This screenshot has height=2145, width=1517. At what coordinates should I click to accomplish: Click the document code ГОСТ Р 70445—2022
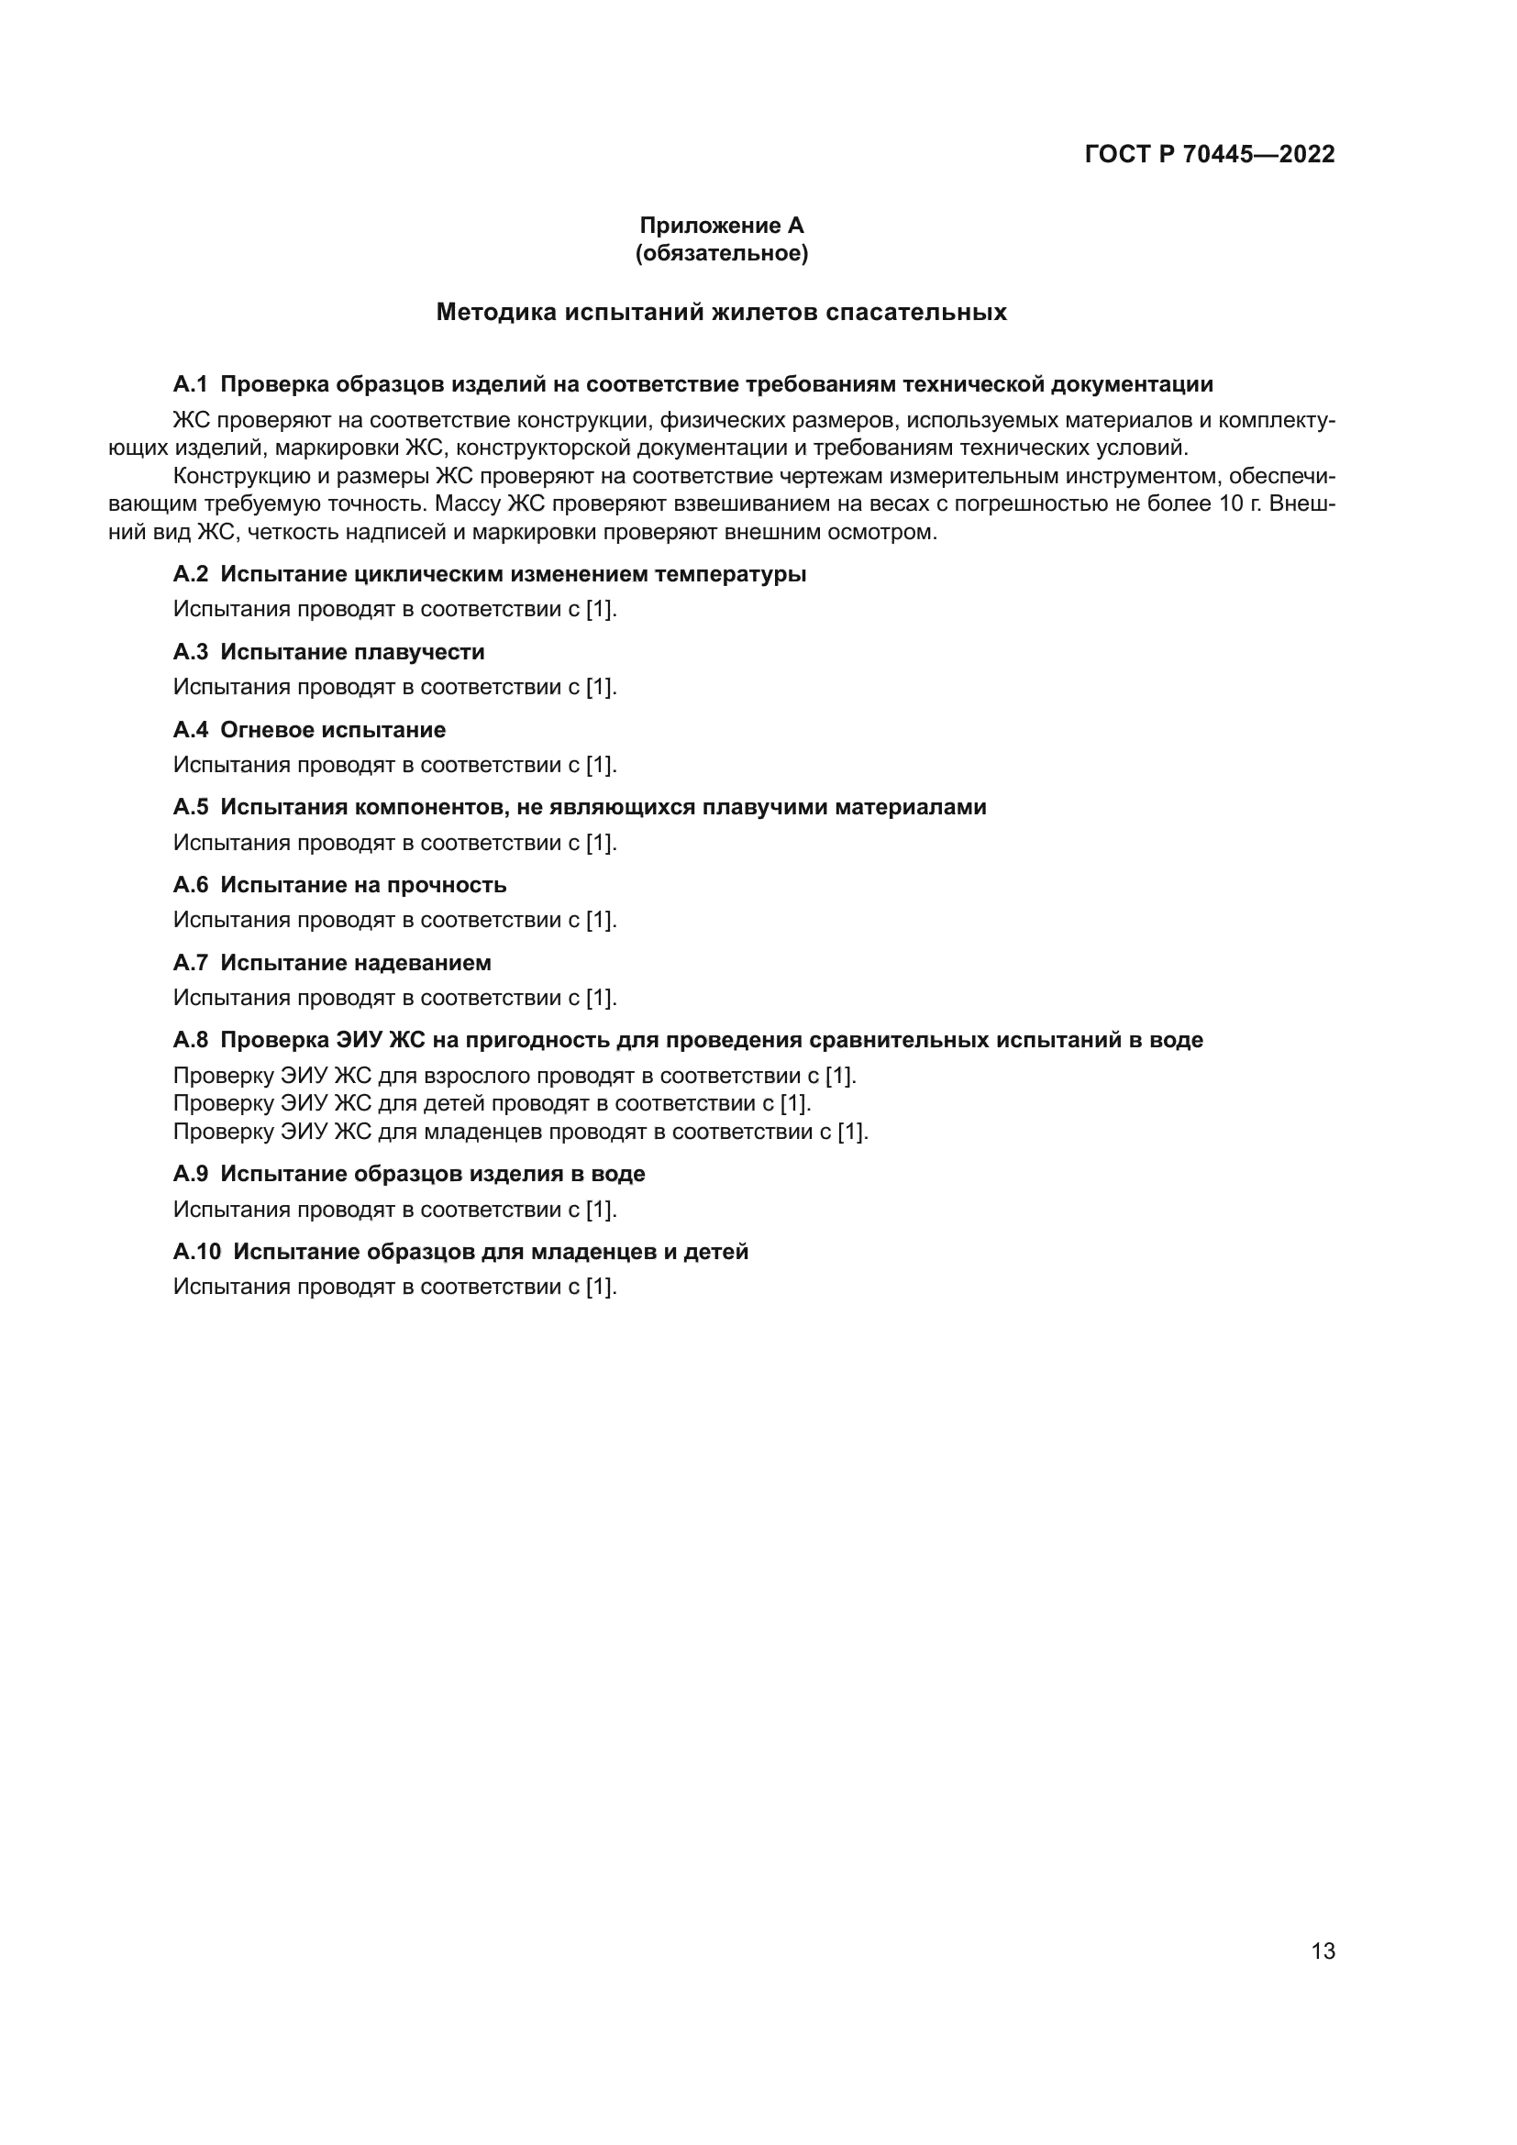[x=1210, y=154]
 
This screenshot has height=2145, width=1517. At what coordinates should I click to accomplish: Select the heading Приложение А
[x=721, y=226]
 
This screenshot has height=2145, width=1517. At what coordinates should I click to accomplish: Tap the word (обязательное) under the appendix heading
[x=721, y=253]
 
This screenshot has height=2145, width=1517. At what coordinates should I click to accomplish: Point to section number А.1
[x=190, y=384]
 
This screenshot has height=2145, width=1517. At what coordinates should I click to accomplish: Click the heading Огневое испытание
[x=333, y=730]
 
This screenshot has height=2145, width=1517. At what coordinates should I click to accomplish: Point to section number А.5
[x=190, y=806]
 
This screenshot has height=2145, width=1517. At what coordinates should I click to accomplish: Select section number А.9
[x=190, y=1174]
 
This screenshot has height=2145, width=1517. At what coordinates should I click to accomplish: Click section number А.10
[x=196, y=1251]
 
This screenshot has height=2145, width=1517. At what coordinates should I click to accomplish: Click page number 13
[x=1323, y=1951]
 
